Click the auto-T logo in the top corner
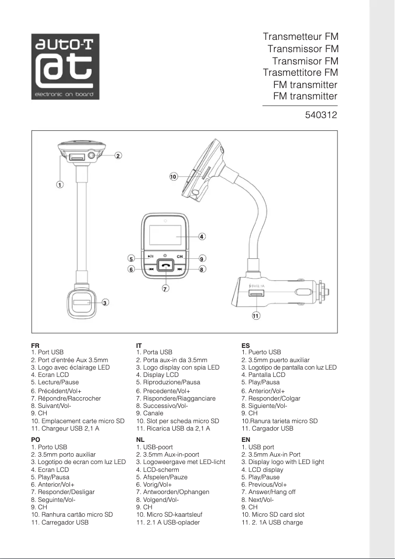[x=66, y=66]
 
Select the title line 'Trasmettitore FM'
[x=300, y=73]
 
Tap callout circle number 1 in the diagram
[x=59, y=185]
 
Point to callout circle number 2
[x=118, y=156]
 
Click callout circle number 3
[x=105, y=303]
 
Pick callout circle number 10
[x=173, y=176]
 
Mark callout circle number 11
[x=256, y=316]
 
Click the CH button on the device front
[x=180, y=256]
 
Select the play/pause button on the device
[x=150, y=256]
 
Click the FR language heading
[x=35, y=346]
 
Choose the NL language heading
[x=140, y=439]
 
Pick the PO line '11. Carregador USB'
[x=60, y=523]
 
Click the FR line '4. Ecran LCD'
[x=50, y=375]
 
